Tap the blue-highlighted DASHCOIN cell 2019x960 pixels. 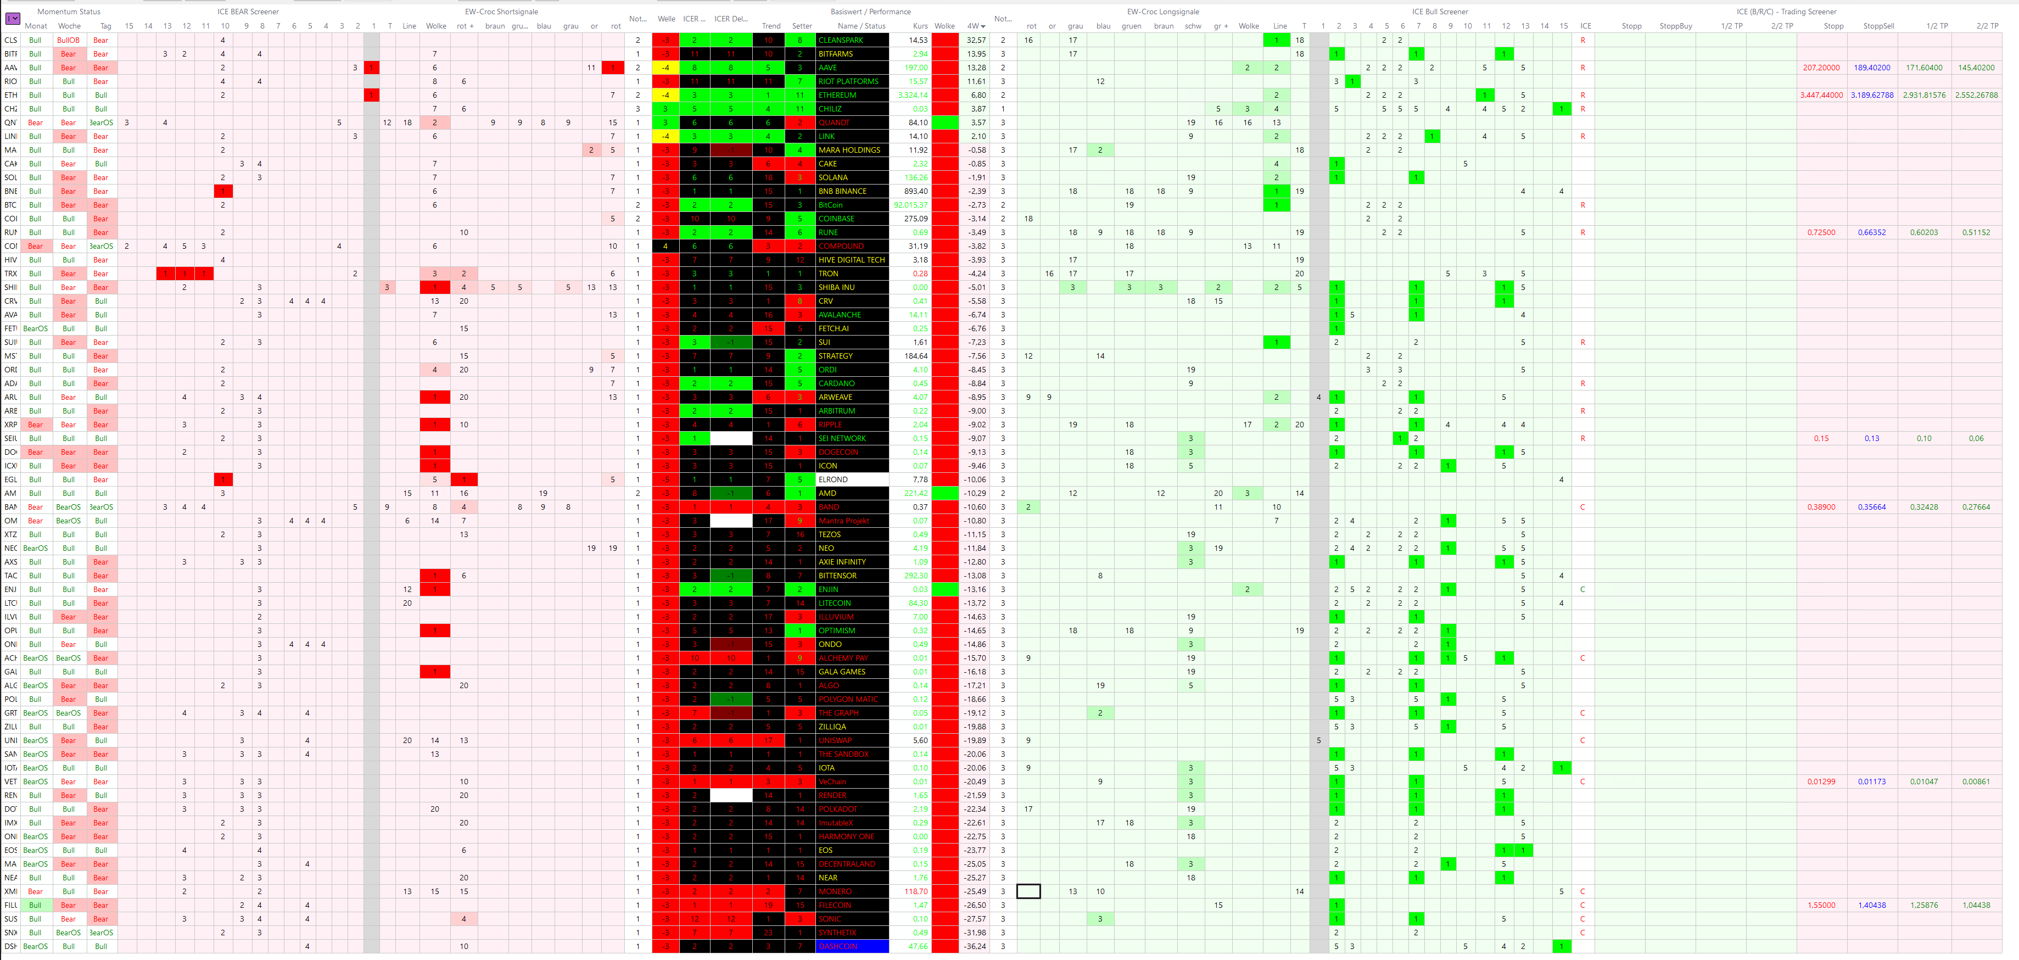click(851, 946)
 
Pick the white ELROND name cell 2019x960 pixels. click(851, 479)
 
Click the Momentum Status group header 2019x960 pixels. click(69, 12)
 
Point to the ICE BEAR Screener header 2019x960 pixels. click(248, 12)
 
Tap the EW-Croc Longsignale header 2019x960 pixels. click(1162, 12)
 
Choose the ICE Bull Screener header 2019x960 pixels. click(1440, 12)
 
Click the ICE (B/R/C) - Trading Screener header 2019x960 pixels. click(1786, 12)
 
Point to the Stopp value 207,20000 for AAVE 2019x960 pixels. click(1821, 68)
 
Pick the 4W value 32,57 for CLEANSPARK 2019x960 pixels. click(976, 40)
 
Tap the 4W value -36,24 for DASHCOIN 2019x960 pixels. click(975, 946)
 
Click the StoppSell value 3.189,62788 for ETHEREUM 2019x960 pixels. click(1872, 95)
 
